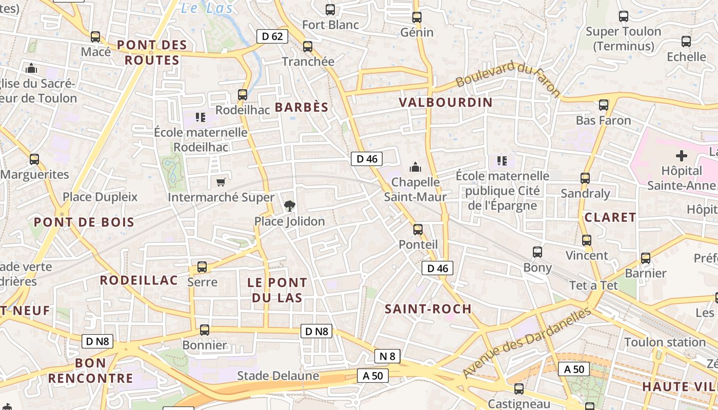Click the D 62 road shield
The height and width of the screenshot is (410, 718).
click(272, 36)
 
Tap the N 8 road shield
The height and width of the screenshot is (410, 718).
click(387, 356)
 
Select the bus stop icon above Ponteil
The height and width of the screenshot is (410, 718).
click(418, 229)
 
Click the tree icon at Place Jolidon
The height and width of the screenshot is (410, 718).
click(290, 206)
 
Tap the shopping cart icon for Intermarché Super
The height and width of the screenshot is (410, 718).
click(221, 182)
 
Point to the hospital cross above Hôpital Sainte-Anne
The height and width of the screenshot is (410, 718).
click(681, 155)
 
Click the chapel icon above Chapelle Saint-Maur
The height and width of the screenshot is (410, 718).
click(415, 167)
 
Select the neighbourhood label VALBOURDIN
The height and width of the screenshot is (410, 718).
click(445, 102)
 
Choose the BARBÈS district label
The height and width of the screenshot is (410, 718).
click(302, 107)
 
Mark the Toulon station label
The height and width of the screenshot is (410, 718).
click(665, 342)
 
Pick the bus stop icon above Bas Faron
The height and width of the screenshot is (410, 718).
click(604, 105)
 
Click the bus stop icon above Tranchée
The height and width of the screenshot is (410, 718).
click(308, 47)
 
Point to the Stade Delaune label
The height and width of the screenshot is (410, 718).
click(277, 376)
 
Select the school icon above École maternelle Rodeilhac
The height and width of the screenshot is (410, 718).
click(201, 117)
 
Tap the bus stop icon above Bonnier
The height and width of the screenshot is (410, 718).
click(205, 330)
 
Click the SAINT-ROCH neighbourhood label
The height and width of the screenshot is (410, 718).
click(428, 309)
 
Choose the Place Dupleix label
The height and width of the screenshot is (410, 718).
click(100, 197)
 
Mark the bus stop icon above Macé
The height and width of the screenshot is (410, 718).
click(95, 37)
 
